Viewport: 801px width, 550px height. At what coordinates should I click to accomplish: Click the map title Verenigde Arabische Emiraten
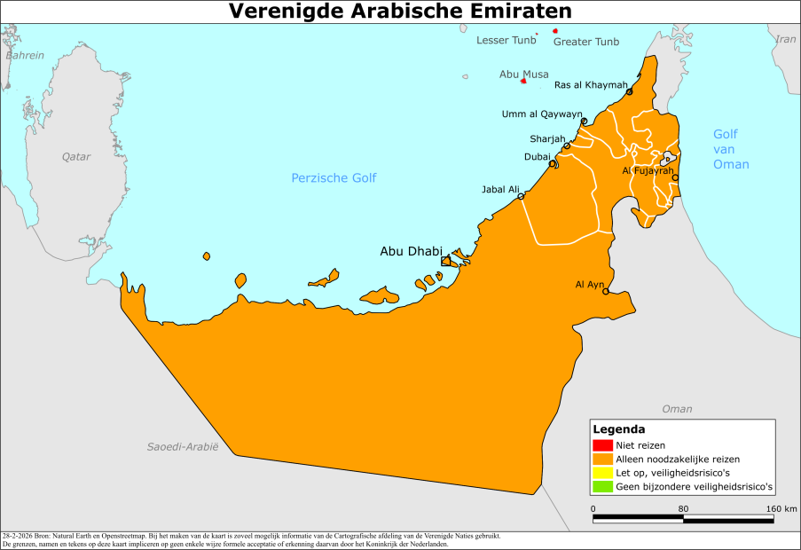pyautogui.click(x=400, y=11)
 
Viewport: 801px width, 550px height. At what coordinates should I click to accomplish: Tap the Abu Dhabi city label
pyautogui.click(x=410, y=252)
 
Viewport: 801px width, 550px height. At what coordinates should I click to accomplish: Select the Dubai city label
pyautogui.click(x=537, y=157)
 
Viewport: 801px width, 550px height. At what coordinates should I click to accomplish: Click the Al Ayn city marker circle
pyautogui.click(x=606, y=291)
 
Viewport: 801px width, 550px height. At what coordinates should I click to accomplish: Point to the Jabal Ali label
pyautogui.click(x=500, y=189)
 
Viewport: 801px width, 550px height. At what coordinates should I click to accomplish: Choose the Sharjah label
pyautogui.click(x=547, y=139)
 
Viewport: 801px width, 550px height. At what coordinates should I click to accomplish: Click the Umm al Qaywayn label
pyautogui.click(x=542, y=114)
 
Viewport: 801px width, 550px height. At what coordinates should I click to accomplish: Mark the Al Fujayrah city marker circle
pyautogui.click(x=675, y=177)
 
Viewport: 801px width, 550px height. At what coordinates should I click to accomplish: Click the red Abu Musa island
pyautogui.click(x=523, y=82)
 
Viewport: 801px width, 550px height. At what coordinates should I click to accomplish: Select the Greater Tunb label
pyautogui.click(x=586, y=42)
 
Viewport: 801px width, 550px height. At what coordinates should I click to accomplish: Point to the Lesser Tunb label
pyautogui.click(x=507, y=41)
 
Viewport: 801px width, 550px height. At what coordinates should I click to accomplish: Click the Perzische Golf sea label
pyautogui.click(x=334, y=178)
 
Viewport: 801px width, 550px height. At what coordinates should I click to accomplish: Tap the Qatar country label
pyautogui.click(x=76, y=157)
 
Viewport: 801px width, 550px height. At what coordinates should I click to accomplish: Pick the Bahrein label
pyautogui.click(x=24, y=56)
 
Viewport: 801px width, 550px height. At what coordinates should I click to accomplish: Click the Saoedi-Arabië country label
pyautogui.click(x=183, y=446)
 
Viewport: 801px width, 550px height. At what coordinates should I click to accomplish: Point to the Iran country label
pyautogui.click(x=786, y=39)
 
